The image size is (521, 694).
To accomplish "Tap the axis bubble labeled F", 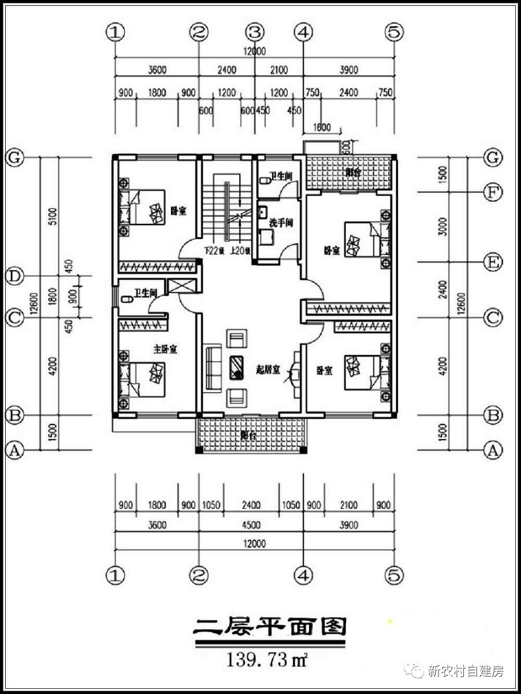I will [492, 192].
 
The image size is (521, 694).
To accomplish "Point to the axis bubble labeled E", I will [492, 263].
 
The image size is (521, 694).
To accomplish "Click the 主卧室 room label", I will [165, 349].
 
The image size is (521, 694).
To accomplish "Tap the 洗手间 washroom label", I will [281, 223].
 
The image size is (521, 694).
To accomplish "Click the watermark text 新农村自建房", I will [466, 671].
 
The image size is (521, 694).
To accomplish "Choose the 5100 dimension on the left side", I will [52, 216].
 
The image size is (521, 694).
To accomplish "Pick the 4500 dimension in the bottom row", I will [251, 525].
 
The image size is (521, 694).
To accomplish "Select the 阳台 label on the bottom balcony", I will [248, 437].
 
